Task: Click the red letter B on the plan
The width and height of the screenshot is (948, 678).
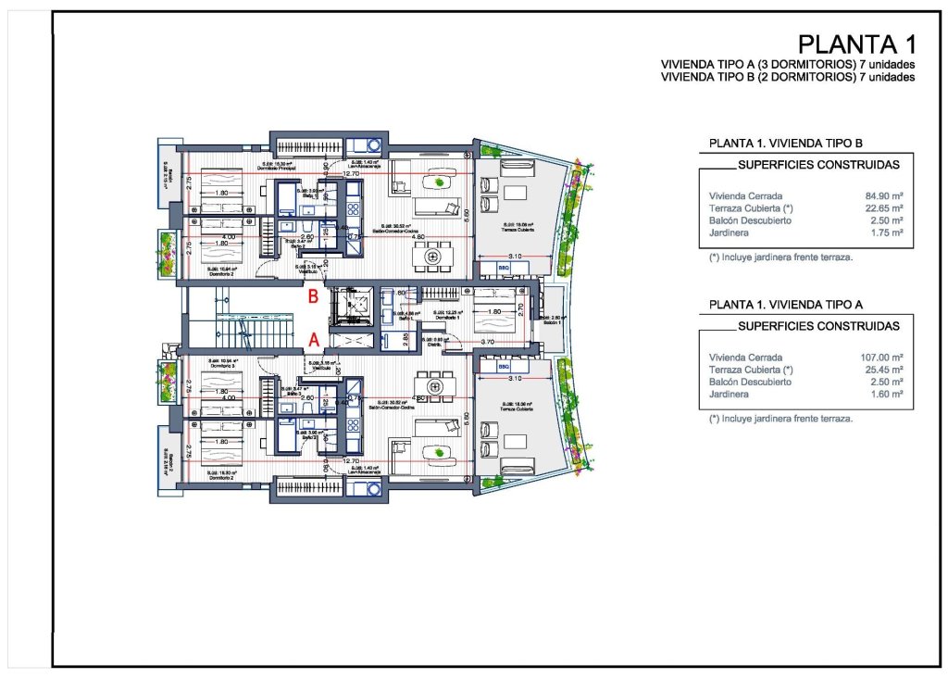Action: coord(314,297)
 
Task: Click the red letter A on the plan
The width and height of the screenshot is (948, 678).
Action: coord(314,340)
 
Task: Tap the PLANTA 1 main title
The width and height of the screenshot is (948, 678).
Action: coord(856,44)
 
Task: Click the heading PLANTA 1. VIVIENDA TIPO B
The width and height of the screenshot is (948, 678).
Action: coord(785,144)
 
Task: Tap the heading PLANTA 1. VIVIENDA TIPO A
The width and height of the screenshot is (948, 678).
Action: coord(785,304)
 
